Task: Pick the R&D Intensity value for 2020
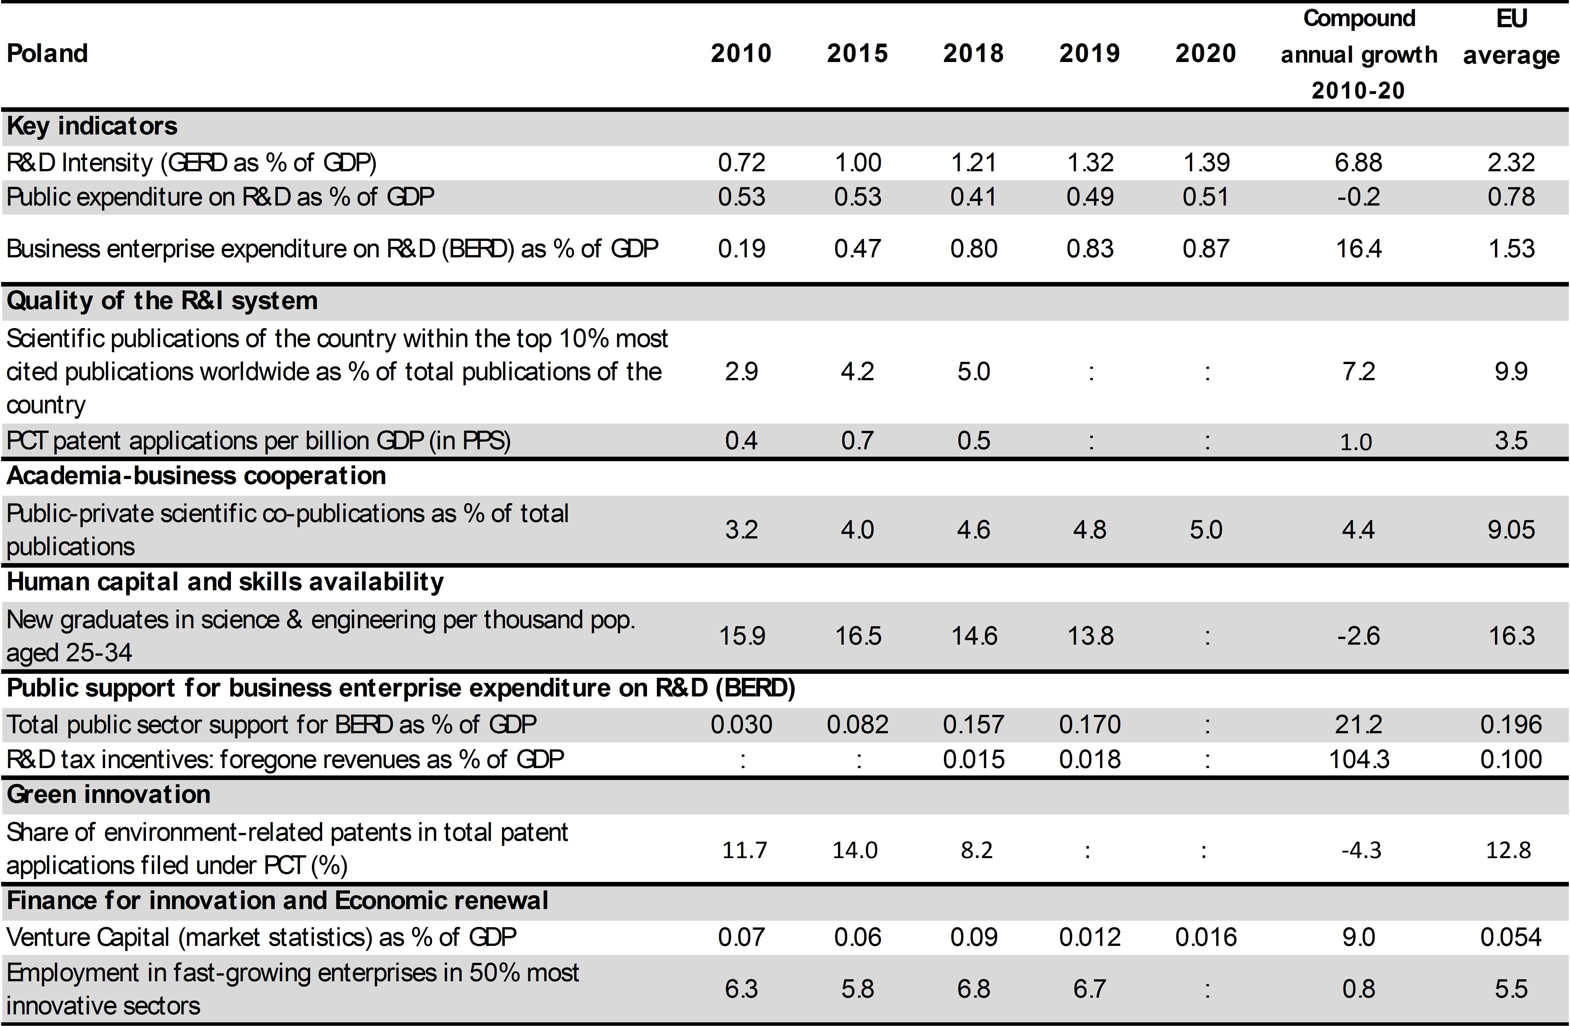coord(1206,162)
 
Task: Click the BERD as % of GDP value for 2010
coord(741,249)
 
